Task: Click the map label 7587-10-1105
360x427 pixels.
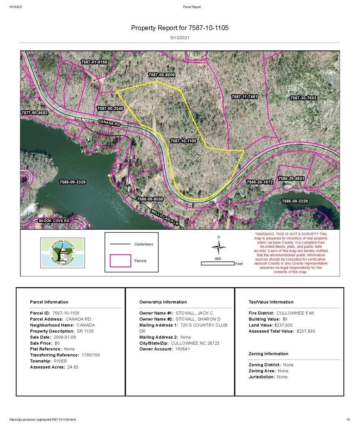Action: (x=183, y=141)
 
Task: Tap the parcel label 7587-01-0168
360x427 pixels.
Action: (x=94, y=62)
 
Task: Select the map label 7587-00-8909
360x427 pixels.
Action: (x=161, y=75)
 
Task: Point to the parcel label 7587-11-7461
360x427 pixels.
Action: (x=245, y=97)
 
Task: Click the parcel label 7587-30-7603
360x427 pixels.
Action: (x=303, y=98)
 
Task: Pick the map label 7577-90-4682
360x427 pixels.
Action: (x=35, y=113)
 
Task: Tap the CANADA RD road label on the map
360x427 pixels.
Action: (x=109, y=123)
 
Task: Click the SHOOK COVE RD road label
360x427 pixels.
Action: (x=54, y=220)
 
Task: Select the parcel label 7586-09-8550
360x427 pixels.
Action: (x=150, y=199)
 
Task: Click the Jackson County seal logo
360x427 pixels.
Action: (x=62, y=253)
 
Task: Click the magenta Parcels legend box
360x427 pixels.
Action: (x=120, y=261)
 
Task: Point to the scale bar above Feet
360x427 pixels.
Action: (x=217, y=264)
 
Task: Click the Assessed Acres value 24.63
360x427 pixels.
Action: (x=73, y=367)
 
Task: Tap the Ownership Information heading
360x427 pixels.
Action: (x=163, y=302)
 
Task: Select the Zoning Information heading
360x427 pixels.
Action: (x=268, y=354)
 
